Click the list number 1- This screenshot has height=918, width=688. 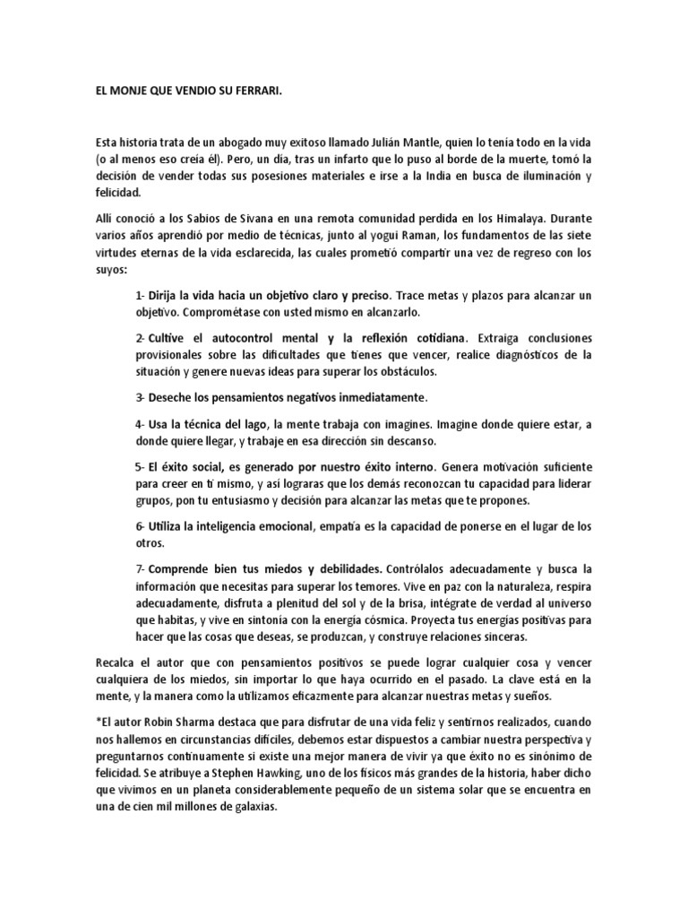pos(141,295)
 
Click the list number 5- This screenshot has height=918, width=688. pos(141,467)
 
